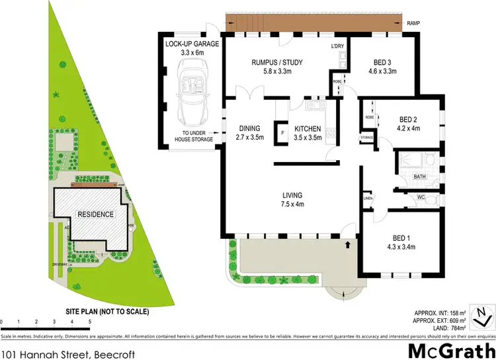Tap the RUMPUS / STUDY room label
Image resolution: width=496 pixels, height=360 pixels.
(x=277, y=63)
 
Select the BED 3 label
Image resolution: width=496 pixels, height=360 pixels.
(x=384, y=63)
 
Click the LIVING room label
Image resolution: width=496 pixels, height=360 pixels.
(x=291, y=195)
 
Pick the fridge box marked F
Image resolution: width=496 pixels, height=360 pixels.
(x=282, y=133)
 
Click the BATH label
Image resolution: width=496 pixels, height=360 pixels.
(x=419, y=177)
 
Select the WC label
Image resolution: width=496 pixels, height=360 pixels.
(x=421, y=197)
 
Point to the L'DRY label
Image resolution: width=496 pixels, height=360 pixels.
(x=338, y=46)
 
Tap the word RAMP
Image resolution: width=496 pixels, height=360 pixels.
(x=414, y=23)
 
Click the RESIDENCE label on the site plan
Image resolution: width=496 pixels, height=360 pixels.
(x=97, y=214)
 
